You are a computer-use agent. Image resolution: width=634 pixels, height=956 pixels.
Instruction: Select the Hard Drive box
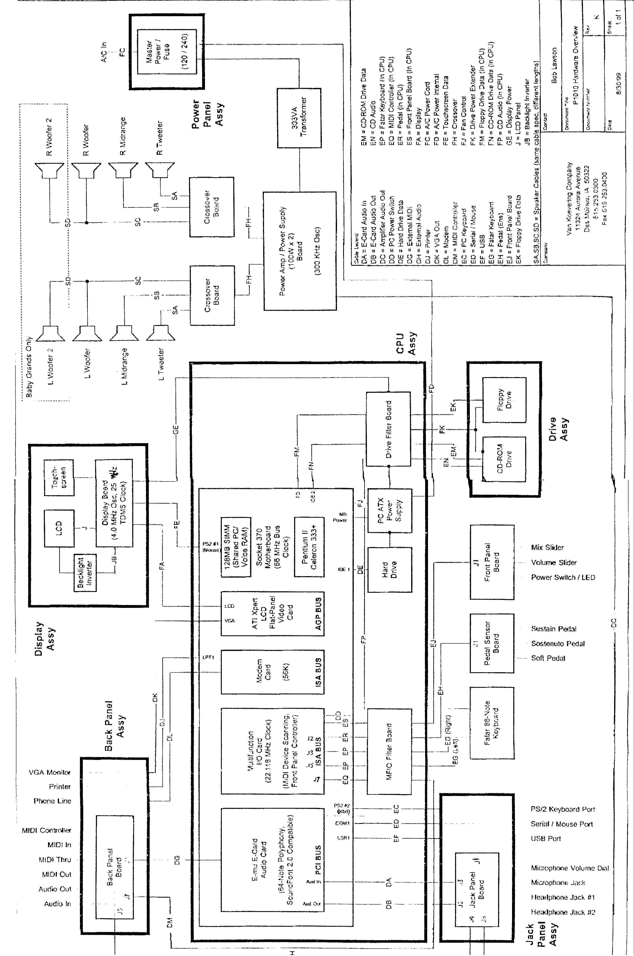389,570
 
